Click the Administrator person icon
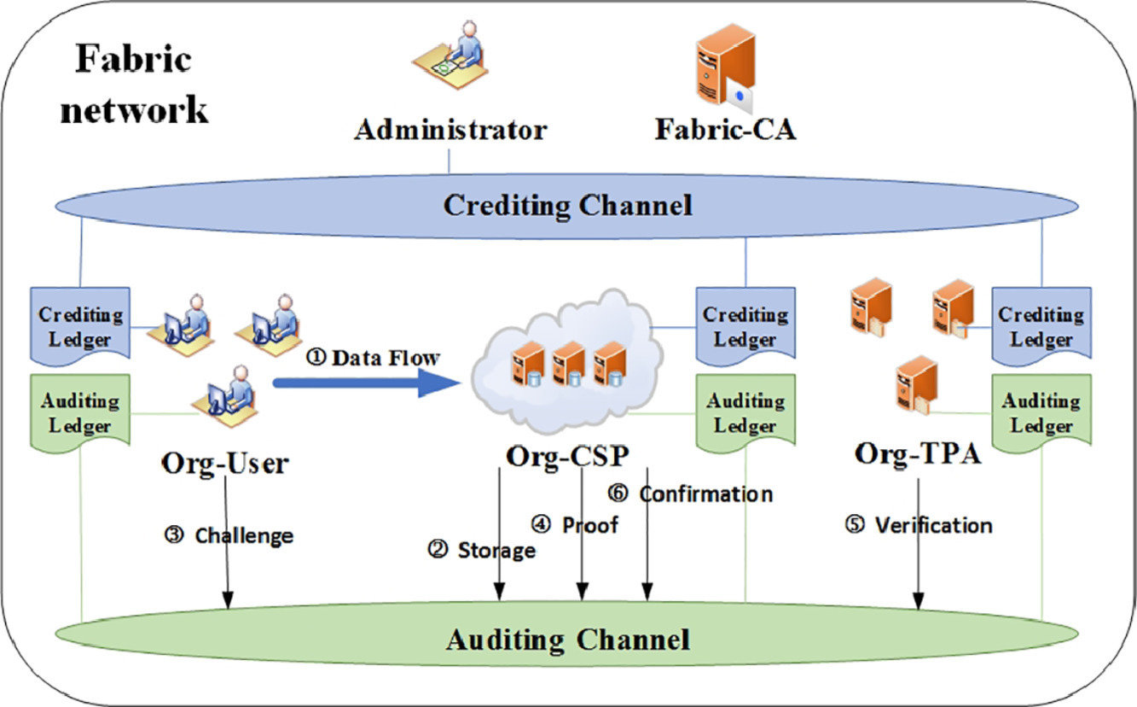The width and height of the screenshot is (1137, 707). (450, 69)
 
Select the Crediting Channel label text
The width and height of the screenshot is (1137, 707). (567, 206)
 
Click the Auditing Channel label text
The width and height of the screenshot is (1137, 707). (567, 639)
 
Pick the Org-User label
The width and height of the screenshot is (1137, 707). (225, 463)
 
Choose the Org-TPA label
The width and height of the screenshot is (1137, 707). (918, 453)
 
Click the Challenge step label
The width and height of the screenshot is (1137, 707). (230, 535)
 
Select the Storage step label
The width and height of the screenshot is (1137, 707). (483, 550)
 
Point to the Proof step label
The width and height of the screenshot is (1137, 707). (577, 524)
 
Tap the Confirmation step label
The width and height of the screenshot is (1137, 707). (691, 494)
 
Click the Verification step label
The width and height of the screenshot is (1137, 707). (919, 524)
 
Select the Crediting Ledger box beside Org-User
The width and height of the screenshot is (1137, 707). (80, 325)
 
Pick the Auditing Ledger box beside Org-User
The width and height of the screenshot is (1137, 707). (80, 412)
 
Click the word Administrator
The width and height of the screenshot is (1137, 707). (450, 131)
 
